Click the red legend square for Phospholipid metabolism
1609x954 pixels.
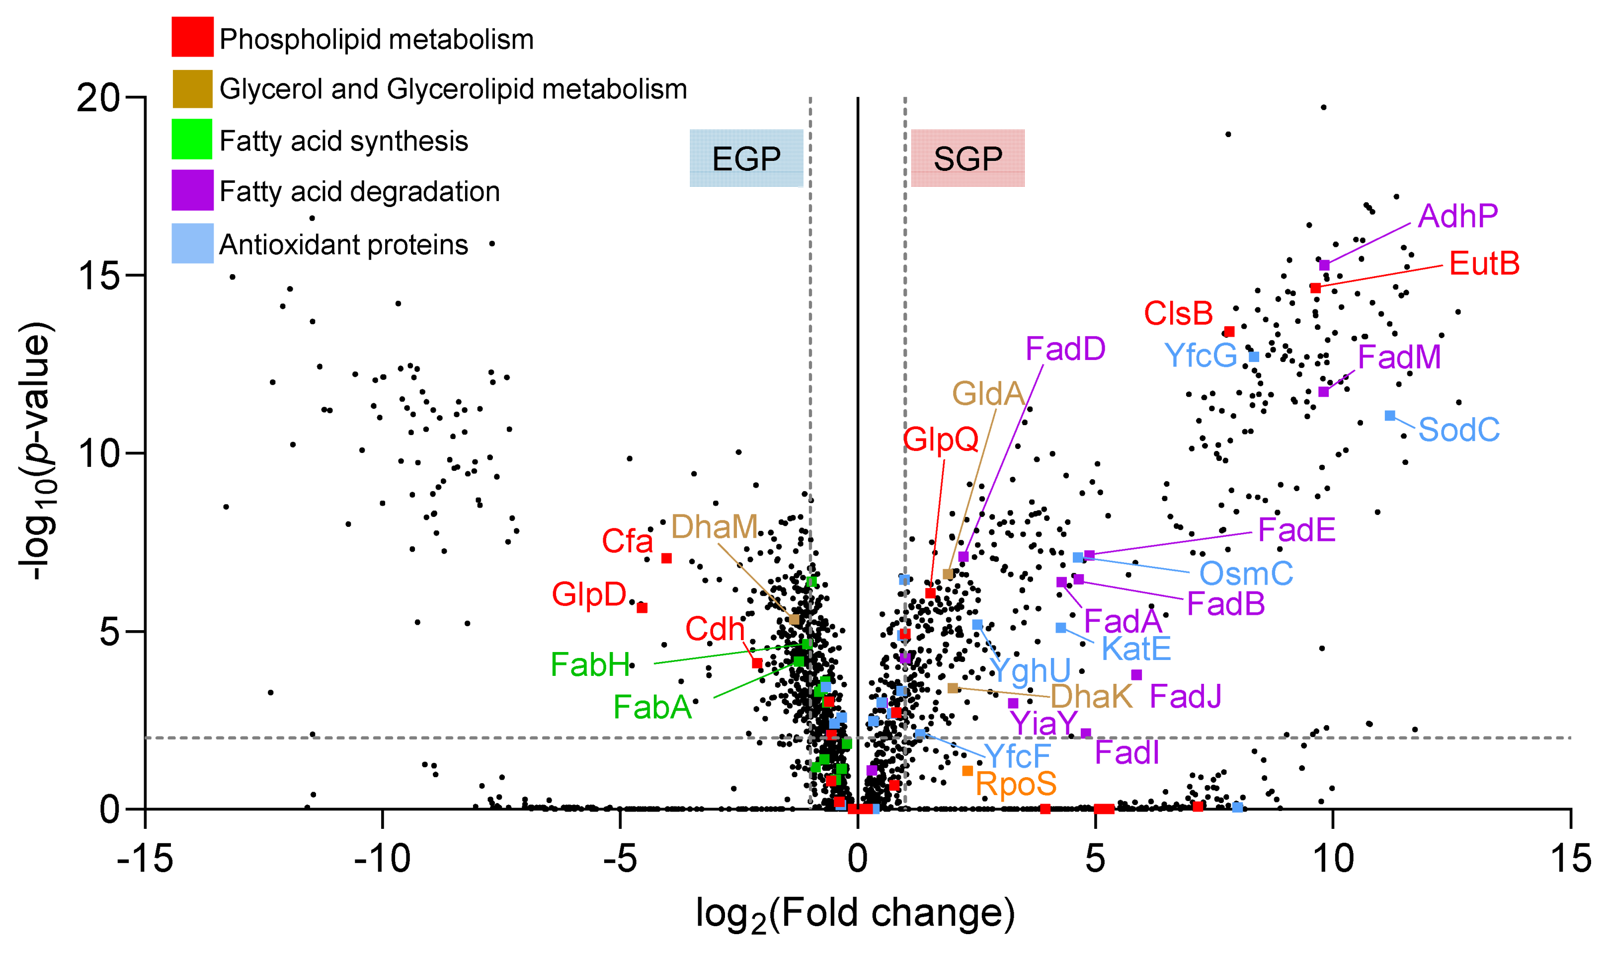[192, 37]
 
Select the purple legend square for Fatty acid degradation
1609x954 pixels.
[192, 190]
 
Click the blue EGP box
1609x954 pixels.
[746, 158]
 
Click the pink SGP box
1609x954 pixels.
[967, 158]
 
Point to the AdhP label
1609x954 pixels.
[1457, 216]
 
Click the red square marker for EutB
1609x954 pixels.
[1315, 288]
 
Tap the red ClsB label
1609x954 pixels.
[1178, 314]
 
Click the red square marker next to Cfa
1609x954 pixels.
[666, 558]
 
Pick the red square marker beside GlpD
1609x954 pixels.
[642, 607]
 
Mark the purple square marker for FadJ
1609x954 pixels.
[1136, 675]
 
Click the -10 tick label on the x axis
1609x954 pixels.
[382, 858]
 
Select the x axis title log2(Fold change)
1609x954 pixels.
[855, 914]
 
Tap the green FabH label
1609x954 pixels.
[590, 664]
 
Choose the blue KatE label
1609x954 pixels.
[1135, 649]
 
